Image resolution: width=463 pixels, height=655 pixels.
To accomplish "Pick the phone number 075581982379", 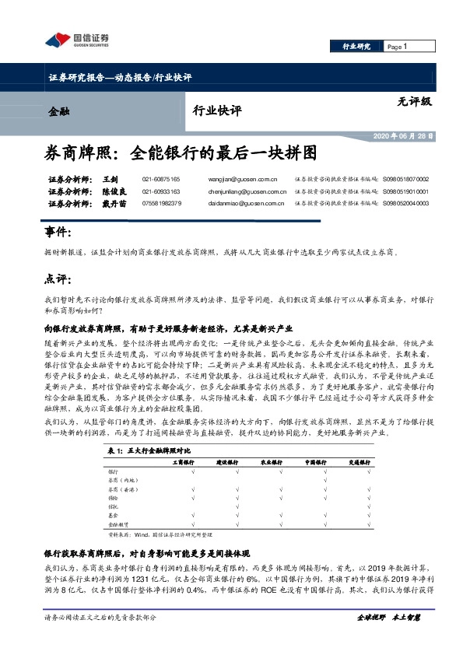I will click(x=162, y=203).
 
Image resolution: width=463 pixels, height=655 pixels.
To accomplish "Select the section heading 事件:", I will click(x=58, y=232).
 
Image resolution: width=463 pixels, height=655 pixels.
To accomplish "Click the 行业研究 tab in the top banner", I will click(x=357, y=47).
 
